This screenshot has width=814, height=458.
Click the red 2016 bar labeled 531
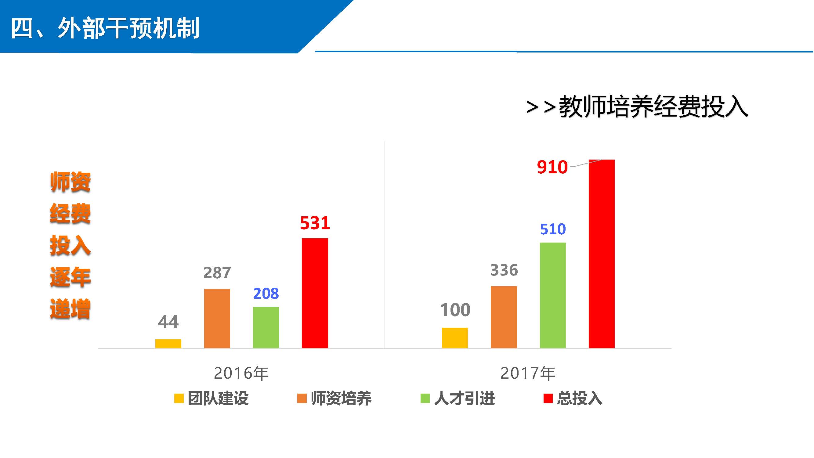315,294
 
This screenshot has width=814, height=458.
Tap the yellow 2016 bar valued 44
168,344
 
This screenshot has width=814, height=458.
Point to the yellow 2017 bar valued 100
455,338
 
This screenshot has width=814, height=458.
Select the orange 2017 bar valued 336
504,317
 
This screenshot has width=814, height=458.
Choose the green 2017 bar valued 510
553,295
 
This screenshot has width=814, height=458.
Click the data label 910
552,167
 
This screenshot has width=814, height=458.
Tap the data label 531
315,223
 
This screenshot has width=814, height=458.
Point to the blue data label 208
266,294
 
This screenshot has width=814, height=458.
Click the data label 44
168,322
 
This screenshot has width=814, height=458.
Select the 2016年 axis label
241,373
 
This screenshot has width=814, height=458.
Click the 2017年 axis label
528,373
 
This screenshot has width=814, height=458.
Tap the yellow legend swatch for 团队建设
179,398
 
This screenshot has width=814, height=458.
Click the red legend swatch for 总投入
548,398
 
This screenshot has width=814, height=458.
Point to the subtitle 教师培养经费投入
653,107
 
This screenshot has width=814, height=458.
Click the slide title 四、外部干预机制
105,28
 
